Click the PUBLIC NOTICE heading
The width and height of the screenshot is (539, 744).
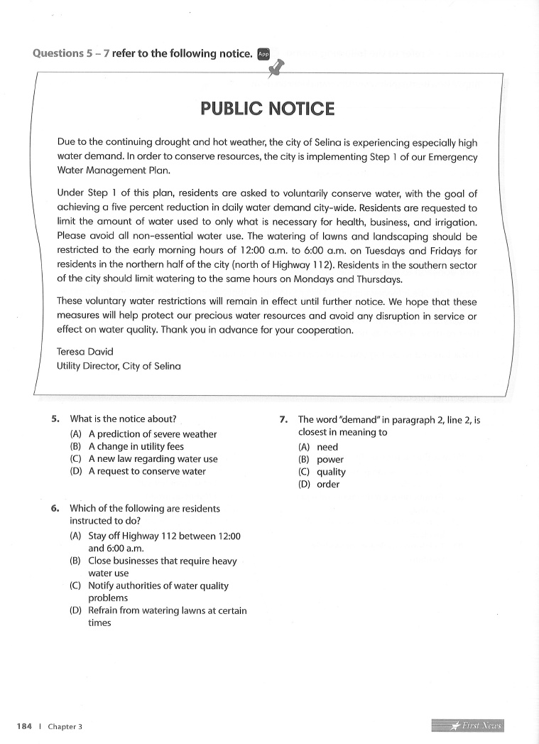click(268, 109)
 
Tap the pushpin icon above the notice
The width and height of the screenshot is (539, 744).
click(277, 68)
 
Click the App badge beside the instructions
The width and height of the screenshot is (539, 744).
click(263, 54)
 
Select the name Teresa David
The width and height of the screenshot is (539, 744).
click(85, 352)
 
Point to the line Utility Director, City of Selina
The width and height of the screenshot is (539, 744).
click(119, 366)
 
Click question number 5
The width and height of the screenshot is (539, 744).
click(55, 419)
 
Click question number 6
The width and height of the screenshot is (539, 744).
click(55, 509)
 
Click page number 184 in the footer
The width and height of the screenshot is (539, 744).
click(24, 726)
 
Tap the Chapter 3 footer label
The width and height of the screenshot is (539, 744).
click(65, 726)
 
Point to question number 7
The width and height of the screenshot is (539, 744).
click(283, 420)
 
